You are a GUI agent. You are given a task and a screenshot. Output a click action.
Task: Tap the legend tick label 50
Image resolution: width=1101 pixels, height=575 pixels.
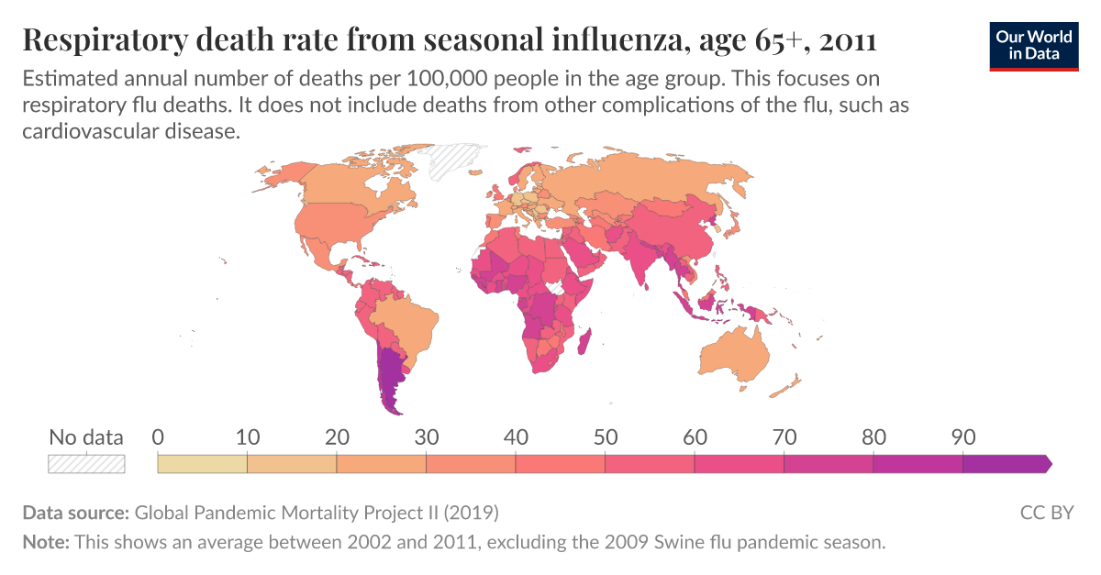605,437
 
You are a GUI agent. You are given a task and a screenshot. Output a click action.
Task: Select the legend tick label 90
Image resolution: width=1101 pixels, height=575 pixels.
962,437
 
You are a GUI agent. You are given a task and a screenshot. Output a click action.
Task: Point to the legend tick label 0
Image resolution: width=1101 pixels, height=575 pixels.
158,437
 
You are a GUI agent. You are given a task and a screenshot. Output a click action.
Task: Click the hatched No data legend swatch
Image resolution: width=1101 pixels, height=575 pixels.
86,464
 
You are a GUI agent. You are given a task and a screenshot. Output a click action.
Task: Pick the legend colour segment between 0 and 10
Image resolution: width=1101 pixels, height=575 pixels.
203,464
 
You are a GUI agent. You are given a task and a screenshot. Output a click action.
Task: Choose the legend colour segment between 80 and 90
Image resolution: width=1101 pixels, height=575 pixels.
917,464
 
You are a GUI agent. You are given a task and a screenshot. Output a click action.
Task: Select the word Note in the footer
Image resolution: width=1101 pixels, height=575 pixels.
45,542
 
